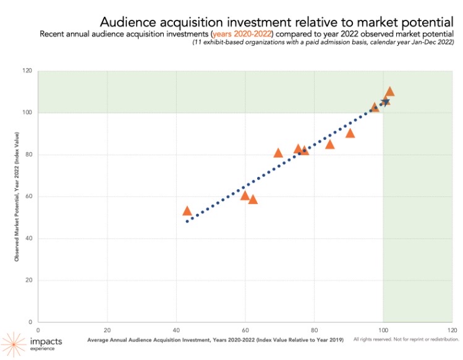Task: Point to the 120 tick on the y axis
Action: click(x=28, y=71)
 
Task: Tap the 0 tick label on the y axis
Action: click(x=31, y=322)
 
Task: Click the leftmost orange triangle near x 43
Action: click(x=187, y=212)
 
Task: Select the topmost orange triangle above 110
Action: click(x=389, y=92)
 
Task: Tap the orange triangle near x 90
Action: click(x=350, y=134)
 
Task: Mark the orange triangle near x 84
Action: click(x=329, y=145)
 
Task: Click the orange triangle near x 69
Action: click(x=278, y=153)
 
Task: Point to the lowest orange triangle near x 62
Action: click(x=252, y=200)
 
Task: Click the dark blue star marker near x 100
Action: click(x=385, y=102)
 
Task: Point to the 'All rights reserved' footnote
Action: click(x=406, y=340)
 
